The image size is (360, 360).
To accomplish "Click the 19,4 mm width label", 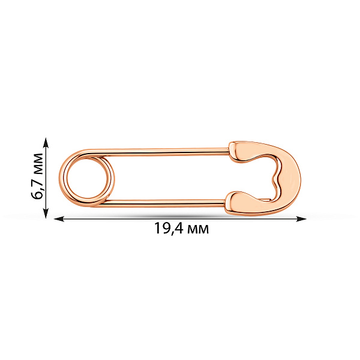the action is point(181,228).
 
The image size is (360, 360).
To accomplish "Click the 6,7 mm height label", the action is point(37,176).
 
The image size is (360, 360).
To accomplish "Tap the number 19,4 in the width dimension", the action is point(168,228).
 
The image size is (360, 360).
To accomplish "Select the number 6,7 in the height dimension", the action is point(37,188).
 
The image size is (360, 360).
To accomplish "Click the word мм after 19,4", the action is point(198,230).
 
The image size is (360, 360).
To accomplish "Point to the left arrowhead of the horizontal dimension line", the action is point(59,219).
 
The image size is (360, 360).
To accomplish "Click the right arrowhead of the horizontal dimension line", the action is point(301,219).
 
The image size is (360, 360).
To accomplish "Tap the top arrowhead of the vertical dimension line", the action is point(46,142).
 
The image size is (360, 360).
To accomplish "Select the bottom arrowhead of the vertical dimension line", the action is point(46,213).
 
